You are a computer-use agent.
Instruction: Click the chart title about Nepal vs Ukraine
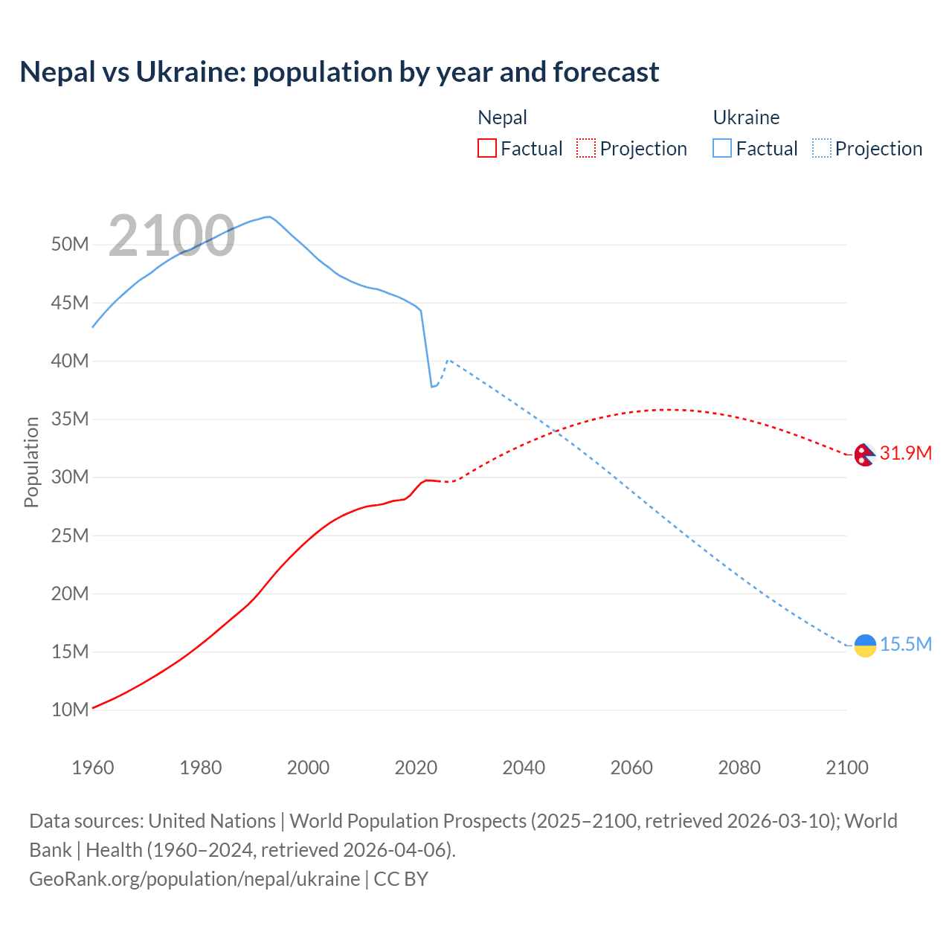(x=339, y=72)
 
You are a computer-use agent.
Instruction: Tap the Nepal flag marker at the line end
(x=864, y=454)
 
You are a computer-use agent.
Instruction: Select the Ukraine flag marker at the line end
(x=865, y=646)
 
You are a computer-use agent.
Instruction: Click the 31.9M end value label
(x=905, y=453)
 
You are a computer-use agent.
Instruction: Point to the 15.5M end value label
(x=905, y=644)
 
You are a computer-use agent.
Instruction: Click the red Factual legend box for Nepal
(x=486, y=149)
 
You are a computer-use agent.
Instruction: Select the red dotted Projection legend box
(x=586, y=149)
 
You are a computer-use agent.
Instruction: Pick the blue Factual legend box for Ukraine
(x=722, y=149)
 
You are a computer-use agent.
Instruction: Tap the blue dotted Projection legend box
(x=822, y=149)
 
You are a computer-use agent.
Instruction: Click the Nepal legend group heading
(x=502, y=118)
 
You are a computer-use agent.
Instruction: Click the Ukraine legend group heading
(x=746, y=118)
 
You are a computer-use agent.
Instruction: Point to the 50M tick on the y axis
(x=70, y=245)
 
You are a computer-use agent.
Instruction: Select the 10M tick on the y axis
(x=70, y=710)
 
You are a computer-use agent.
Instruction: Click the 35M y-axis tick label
(x=70, y=419)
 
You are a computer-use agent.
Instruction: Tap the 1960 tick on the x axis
(x=93, y=768)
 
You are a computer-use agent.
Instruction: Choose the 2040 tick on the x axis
(x=524, y=768)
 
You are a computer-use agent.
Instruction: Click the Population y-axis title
(x=31, y=462)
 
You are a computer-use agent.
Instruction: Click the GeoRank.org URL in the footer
(x=195, y=879)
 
